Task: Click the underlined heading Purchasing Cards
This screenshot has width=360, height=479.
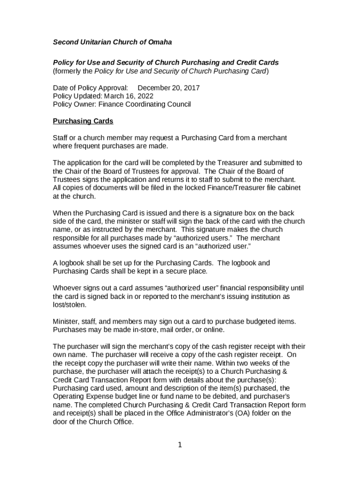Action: (83, 121)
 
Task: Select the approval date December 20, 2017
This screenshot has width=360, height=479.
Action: (169, 88)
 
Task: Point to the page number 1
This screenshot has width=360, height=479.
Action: (180, 445)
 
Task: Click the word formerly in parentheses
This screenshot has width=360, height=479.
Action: (69, 71)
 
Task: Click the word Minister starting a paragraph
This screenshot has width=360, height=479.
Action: (65, 321)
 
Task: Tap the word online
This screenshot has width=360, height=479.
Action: (214, 330)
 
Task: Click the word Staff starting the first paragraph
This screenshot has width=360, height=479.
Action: (60, 138)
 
